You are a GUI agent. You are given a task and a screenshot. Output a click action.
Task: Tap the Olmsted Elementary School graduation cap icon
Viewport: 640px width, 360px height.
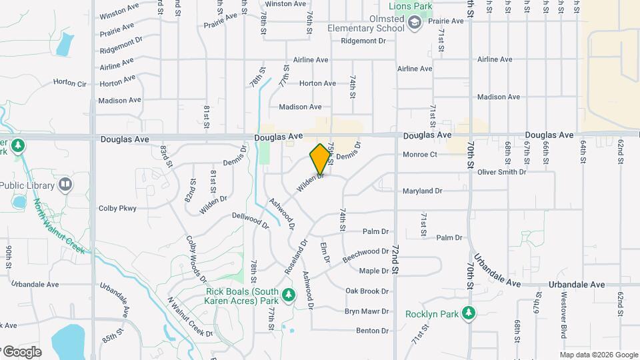415,24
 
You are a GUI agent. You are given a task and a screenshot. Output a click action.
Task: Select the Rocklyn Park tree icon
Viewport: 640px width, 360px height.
470,313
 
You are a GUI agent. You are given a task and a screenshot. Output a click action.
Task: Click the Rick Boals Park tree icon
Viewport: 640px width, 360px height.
288,294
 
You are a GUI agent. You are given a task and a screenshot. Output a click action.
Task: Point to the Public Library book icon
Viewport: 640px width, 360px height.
65,184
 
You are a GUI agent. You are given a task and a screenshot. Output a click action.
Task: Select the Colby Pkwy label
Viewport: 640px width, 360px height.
117,208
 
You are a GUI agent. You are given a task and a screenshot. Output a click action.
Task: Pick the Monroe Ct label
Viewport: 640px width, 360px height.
419,155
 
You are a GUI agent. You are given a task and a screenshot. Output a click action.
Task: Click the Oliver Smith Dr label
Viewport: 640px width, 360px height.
501,172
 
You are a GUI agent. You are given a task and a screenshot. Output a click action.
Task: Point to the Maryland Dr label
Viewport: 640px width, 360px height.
422,191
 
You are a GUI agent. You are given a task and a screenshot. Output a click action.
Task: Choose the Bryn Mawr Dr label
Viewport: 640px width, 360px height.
367,311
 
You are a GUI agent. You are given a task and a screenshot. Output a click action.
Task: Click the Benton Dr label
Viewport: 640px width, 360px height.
372,331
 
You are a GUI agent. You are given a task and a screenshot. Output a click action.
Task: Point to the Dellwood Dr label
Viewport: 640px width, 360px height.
250,221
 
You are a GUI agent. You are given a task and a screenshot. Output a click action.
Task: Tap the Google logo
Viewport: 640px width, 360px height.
21,351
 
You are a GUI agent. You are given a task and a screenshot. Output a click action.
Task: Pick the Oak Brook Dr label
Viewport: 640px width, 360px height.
367,291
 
